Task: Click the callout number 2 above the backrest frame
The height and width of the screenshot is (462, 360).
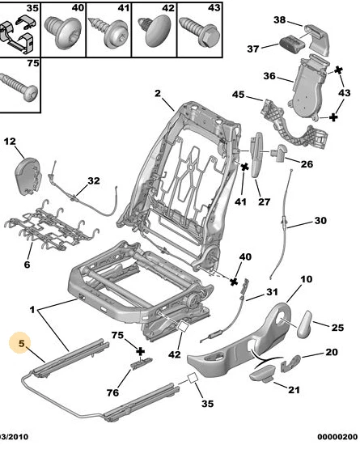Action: tap(158, 93)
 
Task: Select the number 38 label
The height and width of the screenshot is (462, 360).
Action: tap(279, 19)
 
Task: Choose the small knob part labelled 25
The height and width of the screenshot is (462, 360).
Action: tap(309, 323)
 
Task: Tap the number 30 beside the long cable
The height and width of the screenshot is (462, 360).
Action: tap(320, 220)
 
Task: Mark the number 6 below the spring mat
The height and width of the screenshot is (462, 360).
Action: tap(27, 264)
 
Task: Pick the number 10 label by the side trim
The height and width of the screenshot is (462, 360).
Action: tap(305, 280)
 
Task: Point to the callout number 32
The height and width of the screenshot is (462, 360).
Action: tap(93, 180)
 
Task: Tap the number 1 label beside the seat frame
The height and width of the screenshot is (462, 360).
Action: tap(32, 310)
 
